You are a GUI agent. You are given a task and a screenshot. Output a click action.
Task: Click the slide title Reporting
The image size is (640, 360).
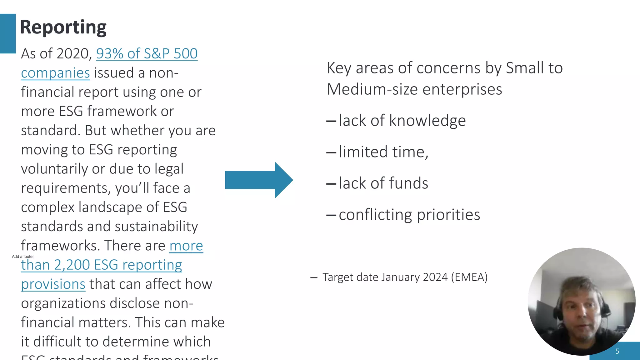pyautogui.click(x=63, y=27)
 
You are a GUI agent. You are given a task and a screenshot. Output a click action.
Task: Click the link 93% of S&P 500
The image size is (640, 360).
pyautogui.click(x=147, y=54)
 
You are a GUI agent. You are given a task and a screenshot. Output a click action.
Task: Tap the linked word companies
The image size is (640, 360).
pyautogui.click(x=55, y=73)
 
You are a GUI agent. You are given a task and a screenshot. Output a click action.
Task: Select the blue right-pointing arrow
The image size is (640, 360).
pyautogui.click(x=259, y=180)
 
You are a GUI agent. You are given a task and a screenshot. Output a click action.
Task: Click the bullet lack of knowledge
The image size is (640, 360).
pyautogui.click(x=402, y=121)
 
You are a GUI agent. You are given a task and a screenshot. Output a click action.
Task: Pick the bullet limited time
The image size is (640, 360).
pyautogui.click(x=383, y=152)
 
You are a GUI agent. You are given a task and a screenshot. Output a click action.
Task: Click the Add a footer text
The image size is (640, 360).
pyautogui.click(x=23, y=257)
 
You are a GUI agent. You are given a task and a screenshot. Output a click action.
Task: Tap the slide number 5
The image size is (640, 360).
pyautogui.click(x=617, y=351)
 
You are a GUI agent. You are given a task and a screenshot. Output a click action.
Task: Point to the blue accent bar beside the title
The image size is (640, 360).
pyautogui.click(x=8, y=33)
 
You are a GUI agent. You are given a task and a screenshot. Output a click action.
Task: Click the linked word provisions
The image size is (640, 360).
pyautogui.click(x=53, y=284)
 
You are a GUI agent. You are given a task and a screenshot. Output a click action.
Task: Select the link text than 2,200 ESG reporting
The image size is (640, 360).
pyautogui.click(x=101, y=265)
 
